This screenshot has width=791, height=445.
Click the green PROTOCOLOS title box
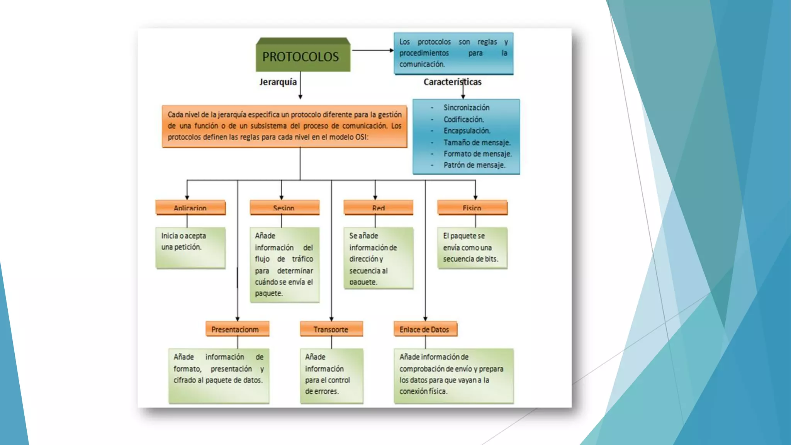(303, 56)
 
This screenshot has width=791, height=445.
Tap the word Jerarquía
(278, 82)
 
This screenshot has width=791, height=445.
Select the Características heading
(452, 82)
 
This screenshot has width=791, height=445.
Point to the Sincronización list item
(466, 108)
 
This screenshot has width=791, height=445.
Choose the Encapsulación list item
(467, 131)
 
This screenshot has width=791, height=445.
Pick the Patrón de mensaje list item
(474, 165)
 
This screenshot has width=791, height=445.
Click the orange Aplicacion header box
(190, 207)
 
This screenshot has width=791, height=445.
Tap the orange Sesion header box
(284, 207)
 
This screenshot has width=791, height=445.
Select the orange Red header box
(378, 207)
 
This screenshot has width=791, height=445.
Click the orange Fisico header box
(472, 207)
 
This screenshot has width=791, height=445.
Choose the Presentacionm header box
(237, 329)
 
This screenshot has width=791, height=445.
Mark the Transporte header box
(331, 329)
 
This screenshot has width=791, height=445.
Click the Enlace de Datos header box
(425, 329)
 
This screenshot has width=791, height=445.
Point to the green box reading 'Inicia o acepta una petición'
(190, 248)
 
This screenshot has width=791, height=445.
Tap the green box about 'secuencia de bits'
(472, 248)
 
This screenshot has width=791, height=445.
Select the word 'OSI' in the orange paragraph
(361, 137)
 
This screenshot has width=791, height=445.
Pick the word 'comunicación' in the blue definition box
(422, 64)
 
